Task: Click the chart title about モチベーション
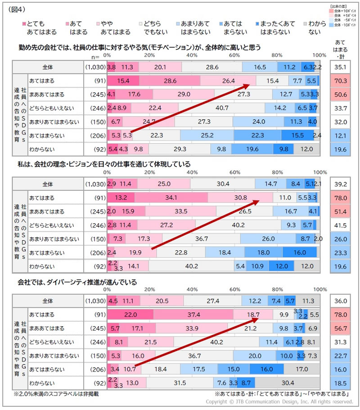(139, 47)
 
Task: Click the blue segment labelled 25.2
(207, 135)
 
